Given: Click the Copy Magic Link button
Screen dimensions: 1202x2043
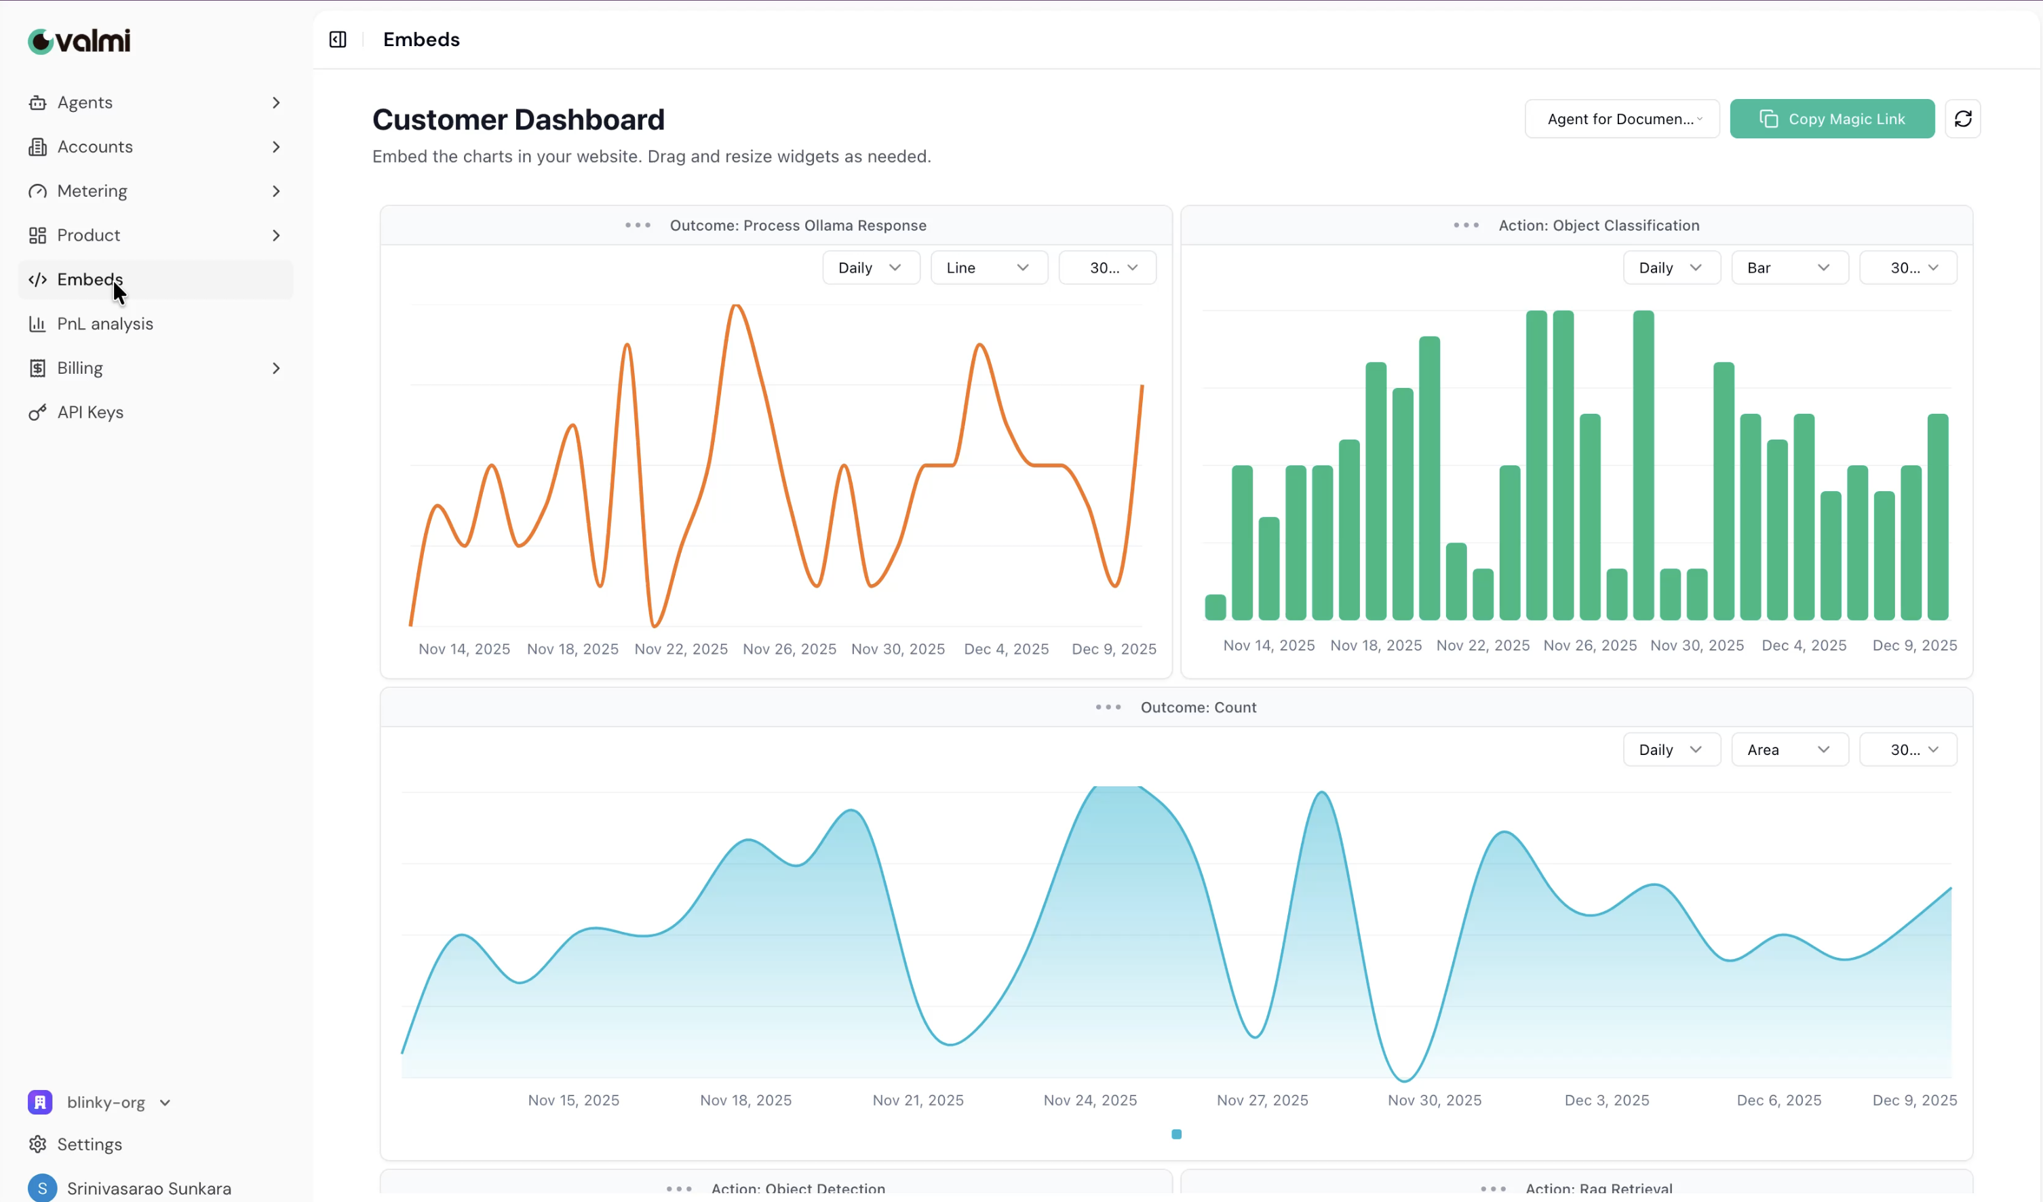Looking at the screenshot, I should pos(1831,119).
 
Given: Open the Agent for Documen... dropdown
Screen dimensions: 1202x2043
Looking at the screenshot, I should pos(1621,119).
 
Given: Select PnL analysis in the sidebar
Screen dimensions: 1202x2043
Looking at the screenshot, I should pos(104,324).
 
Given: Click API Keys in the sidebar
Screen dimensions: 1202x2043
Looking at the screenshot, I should pos(90,412).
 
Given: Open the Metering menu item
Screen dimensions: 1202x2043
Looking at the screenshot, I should pos(92,191).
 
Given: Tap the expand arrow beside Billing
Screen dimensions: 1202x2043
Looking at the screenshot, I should pos(275,368).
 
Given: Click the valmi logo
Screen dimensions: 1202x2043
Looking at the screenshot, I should pos(79,41).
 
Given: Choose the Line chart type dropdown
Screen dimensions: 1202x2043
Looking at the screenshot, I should pos(988,267).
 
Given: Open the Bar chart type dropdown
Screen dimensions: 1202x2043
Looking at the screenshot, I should pos(1789,267).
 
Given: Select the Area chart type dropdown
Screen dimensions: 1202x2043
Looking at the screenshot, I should pos(1789,750).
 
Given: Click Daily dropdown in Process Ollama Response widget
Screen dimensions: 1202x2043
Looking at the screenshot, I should pos(870,267).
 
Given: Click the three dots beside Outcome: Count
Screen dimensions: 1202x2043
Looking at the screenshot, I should pos(1108,707).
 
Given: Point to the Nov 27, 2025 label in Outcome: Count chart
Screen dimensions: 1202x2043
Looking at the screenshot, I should pos(1262,1100).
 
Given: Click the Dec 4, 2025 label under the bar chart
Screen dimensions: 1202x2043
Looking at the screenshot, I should pos(1803,645).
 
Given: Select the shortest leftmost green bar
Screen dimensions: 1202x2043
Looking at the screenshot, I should pos(1214,607).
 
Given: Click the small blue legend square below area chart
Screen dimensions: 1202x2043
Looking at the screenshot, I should pos(1175,1134).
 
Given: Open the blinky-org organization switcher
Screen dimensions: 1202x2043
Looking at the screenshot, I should pos(105,1102).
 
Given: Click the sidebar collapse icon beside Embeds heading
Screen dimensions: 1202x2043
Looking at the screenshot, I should pos(337,40).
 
